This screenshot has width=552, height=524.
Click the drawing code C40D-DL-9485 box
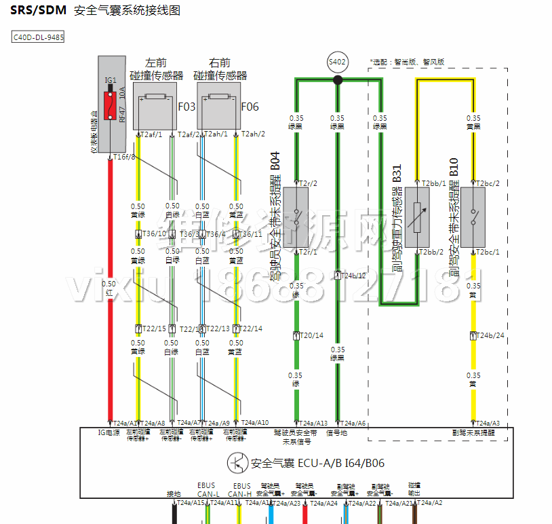click(39, 37)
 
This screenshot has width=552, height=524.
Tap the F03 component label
click(186, 107)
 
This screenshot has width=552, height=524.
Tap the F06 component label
click(250, 107)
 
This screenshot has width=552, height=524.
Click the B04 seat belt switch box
click(296, 217)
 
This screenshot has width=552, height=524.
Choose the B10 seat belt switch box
click(472, 217)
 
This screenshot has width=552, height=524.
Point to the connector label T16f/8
click(125, 157)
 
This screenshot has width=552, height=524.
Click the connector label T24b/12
click(354, 276)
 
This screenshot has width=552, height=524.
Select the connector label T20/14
click(312, 335)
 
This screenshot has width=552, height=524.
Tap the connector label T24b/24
click(491, 335)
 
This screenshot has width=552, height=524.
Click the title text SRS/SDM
click(38, 11)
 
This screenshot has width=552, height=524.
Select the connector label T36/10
click(154, 234)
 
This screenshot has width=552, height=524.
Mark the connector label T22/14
click(250, 329)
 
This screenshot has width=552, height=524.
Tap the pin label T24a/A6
click(353, 423)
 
